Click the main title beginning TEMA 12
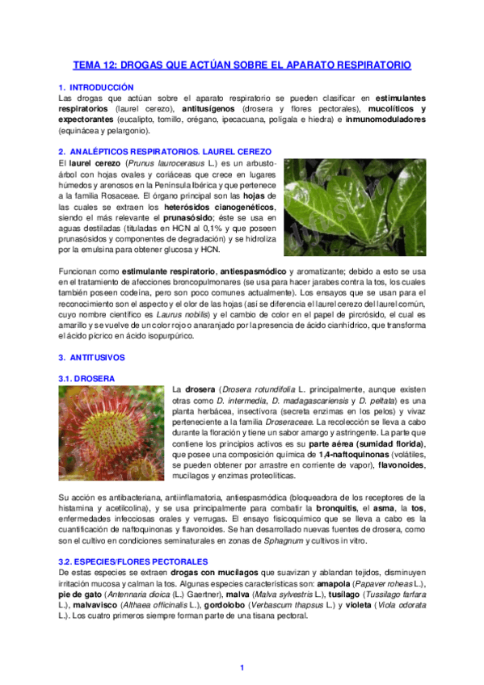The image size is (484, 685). click(x=242, y=65)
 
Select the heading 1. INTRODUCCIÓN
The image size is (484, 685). click(x=99, y=86)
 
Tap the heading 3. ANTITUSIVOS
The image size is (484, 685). click(x=92, y=357)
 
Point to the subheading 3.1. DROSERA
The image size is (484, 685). click(x=86, y=378)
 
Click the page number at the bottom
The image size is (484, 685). click(x=242, y=667)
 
